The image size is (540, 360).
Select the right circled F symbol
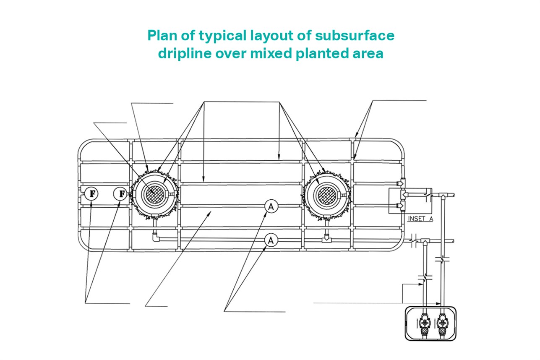click(120, 194)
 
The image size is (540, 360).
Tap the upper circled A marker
click(271, 206)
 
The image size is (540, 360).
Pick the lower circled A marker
click(271, 240)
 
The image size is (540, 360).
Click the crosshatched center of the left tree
click(152, 194)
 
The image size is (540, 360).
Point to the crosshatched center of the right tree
click(326, 194)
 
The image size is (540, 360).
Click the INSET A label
click(420, 219)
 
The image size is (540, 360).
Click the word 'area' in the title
click(368, 54)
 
